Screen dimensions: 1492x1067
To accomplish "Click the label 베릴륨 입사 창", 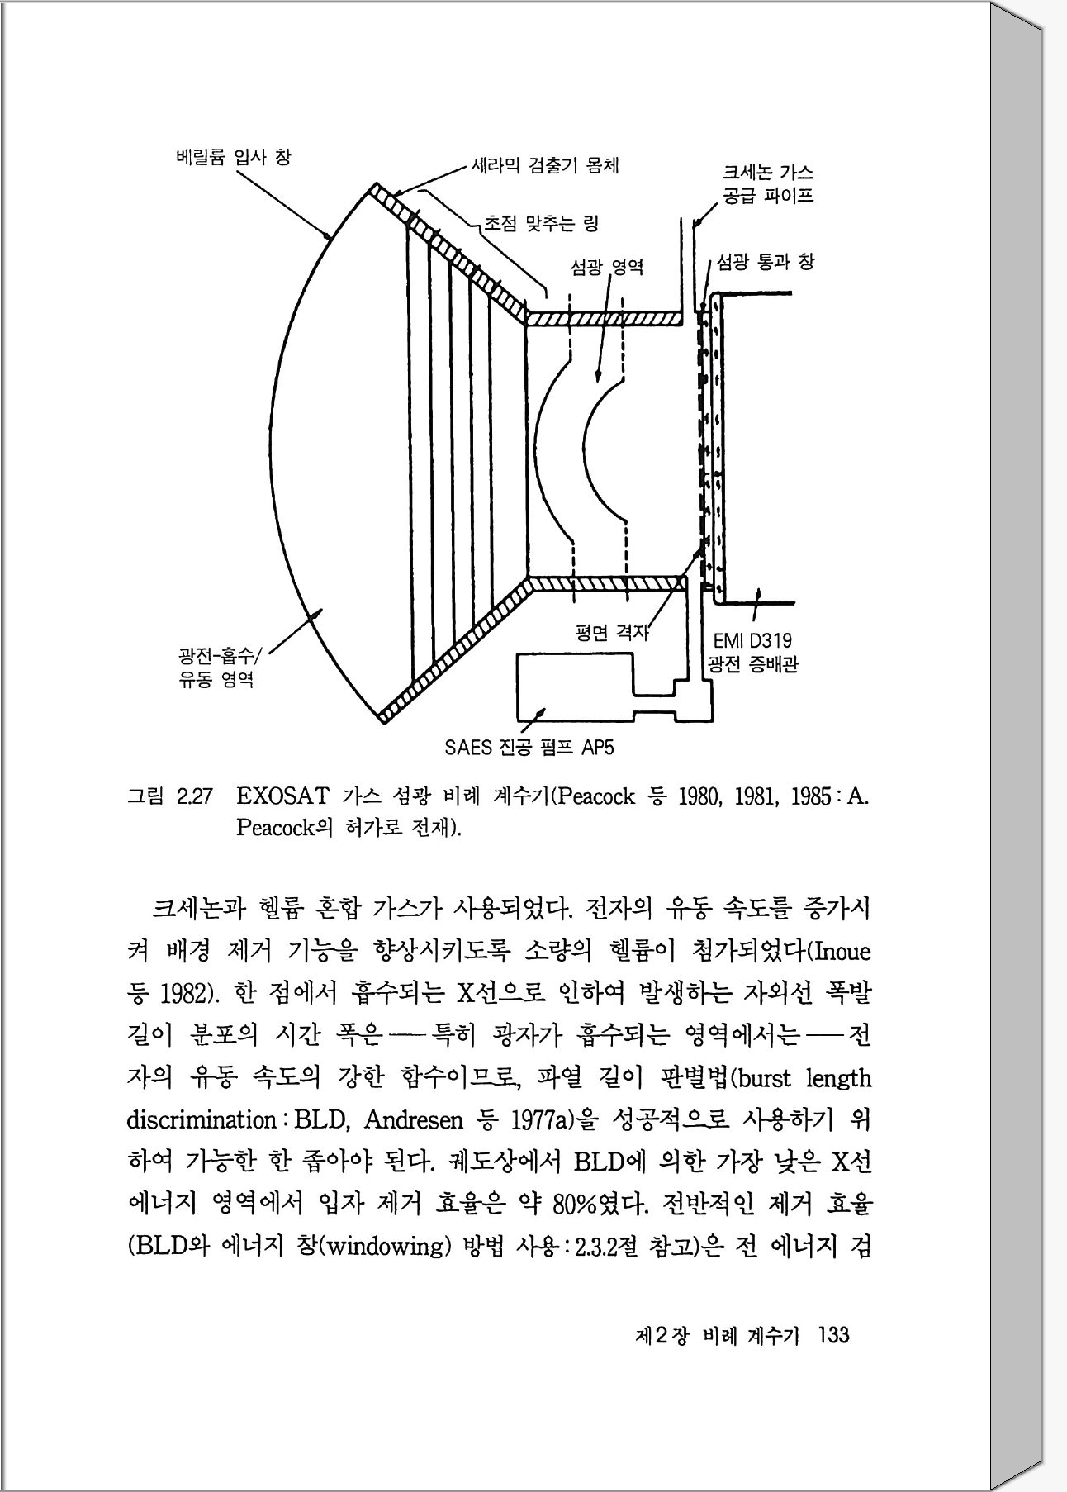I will (234, 157).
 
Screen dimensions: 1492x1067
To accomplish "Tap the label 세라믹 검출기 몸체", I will (544, 165).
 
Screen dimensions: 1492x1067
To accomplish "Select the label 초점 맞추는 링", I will (541, 222).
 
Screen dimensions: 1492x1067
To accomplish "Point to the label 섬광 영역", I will (606, 267).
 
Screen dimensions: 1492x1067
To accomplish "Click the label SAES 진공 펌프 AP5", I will (529, 748).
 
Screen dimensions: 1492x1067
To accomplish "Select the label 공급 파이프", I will (767, 197).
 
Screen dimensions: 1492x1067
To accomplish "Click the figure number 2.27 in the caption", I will (195, 797).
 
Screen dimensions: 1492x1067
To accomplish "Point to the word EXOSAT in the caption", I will (280, 797).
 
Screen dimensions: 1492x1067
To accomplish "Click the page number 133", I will (832, 1335).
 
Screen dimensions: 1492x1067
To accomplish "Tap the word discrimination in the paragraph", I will (201, 1120).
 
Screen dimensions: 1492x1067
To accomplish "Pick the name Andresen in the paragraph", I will (413, 1120).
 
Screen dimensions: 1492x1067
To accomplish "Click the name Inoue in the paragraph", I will (842, 953).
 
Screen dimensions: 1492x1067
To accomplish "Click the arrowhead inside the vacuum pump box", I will (539, 713).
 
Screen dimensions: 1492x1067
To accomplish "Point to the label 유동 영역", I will (216, 680).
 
